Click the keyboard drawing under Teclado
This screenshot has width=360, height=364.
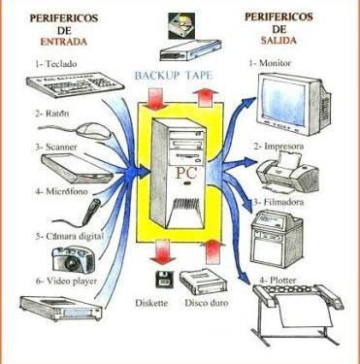[75, 83]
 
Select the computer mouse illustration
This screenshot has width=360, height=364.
[92, 130]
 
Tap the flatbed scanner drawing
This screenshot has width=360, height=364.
[77, 168]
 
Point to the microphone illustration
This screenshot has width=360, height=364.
[92, 211]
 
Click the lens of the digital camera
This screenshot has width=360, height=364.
[71, 261]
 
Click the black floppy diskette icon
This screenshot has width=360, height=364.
[164, 280]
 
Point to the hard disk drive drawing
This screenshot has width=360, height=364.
[203, 282]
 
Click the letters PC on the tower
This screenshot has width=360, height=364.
[186, 173]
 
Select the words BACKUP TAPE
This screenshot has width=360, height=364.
[174, 76]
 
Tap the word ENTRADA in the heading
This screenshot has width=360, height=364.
[64, 42]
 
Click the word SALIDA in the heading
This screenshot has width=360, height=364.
[278, 41]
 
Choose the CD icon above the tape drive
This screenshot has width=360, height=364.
[181, 26]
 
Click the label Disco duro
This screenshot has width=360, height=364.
[207, 303]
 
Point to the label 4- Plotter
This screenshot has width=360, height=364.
[278, 280]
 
